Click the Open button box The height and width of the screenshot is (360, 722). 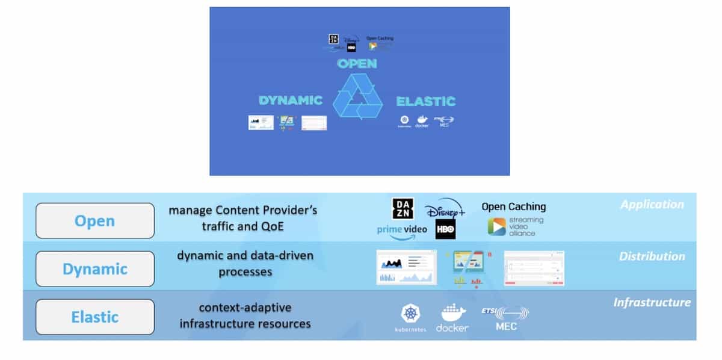94,221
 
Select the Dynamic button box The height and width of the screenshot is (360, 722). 94,268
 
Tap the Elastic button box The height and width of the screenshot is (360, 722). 94,317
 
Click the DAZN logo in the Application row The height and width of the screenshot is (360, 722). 403,208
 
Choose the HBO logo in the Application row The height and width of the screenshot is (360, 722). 446,229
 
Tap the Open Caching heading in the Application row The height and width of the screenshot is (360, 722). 513,206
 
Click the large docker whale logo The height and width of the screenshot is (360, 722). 452,318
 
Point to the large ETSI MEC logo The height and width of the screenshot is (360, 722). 505,318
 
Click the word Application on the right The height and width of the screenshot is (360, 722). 652,205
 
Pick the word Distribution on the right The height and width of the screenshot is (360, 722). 652,256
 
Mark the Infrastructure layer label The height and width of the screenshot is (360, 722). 652,302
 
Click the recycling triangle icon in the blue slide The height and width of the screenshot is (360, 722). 359,96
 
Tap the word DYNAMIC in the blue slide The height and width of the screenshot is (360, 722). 291,101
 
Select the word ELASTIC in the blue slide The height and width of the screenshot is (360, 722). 425,101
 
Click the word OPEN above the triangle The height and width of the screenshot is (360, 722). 357,63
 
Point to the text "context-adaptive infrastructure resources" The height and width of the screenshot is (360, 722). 245,315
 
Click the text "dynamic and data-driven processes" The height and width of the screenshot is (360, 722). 245,263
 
